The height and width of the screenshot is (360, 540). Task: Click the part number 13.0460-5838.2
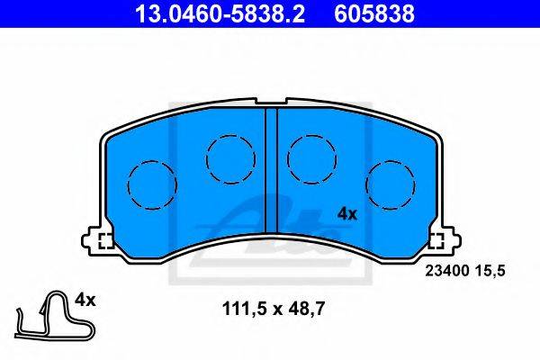(220, 13)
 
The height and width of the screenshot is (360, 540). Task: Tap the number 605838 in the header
(374, 13)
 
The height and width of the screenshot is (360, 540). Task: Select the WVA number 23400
(447, 271)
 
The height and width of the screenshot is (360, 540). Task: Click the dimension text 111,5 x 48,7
(274, 309)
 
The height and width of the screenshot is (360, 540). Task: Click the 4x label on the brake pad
(347, 214)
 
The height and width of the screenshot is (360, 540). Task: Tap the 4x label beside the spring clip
(85, 300)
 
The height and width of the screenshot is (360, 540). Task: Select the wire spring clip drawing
(54, 315)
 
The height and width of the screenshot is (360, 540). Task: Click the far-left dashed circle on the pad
(152, 185)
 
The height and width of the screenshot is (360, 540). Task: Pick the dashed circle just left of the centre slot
(230, 159)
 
